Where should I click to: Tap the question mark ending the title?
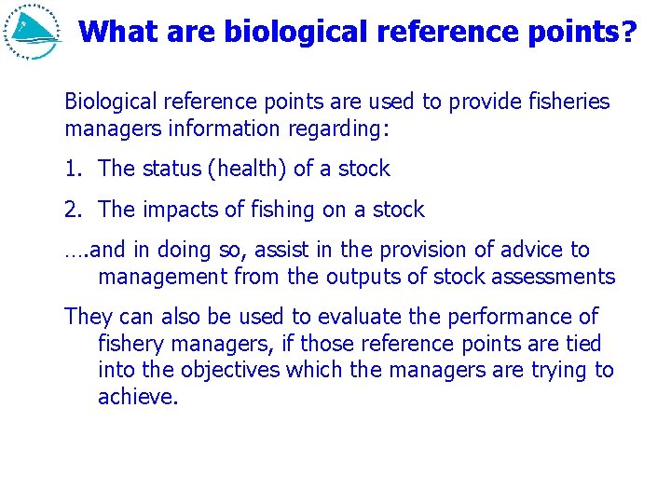(629, 33)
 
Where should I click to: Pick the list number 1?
(73, 169)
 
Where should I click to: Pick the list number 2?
(73, 210)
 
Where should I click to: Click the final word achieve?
(137, 398)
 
